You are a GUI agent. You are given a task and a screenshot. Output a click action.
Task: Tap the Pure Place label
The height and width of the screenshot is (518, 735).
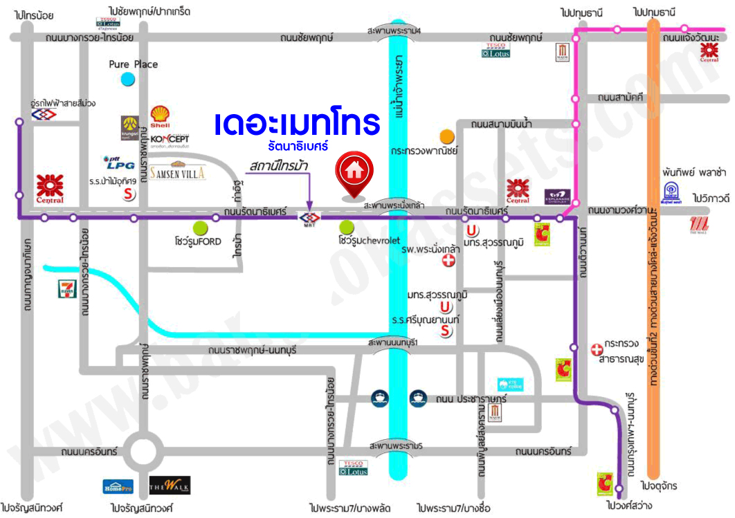(x=134, y=64)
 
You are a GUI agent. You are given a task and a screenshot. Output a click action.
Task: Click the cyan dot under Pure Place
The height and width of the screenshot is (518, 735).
(x=127, y=79)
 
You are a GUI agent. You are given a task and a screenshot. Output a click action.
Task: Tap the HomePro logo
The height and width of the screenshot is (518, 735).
(x=118, y=487)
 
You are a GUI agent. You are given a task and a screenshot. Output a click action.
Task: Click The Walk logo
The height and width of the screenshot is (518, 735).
(x=169, y=485)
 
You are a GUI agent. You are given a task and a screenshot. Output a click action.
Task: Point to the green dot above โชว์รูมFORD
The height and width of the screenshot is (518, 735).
(x=200, y=226)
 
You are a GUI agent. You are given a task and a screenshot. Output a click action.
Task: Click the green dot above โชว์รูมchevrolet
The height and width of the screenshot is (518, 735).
(x=347, y=226)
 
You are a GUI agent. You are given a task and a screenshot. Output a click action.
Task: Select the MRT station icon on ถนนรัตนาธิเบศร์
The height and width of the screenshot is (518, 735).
(x=309, y=219)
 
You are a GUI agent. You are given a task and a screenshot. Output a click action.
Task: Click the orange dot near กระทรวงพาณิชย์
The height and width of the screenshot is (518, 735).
(x=447, y=135)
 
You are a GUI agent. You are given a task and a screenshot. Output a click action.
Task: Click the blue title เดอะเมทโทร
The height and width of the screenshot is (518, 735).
(x=298, y=124)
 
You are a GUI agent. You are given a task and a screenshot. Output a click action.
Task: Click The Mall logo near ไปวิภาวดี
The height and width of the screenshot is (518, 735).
(x=700, y=224)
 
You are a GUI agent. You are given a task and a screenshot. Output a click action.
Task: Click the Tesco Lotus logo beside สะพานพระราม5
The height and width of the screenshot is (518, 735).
(x=354, y=468)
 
